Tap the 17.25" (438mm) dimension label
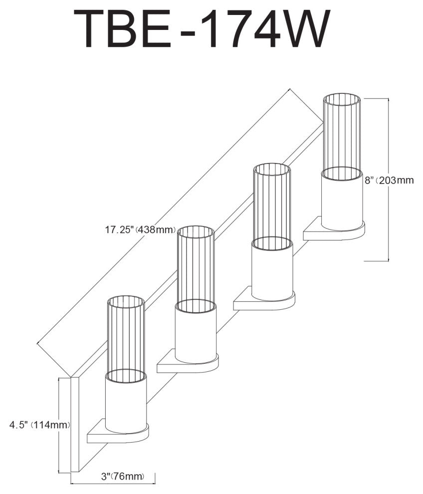[x=140, y=230]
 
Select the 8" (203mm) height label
[x=389, y=181]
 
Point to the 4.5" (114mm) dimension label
[x=39, y=425]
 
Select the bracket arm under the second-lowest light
[x=188, y=363]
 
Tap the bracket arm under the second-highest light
[x=264, y=300]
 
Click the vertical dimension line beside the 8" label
[x=389, y=180]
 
